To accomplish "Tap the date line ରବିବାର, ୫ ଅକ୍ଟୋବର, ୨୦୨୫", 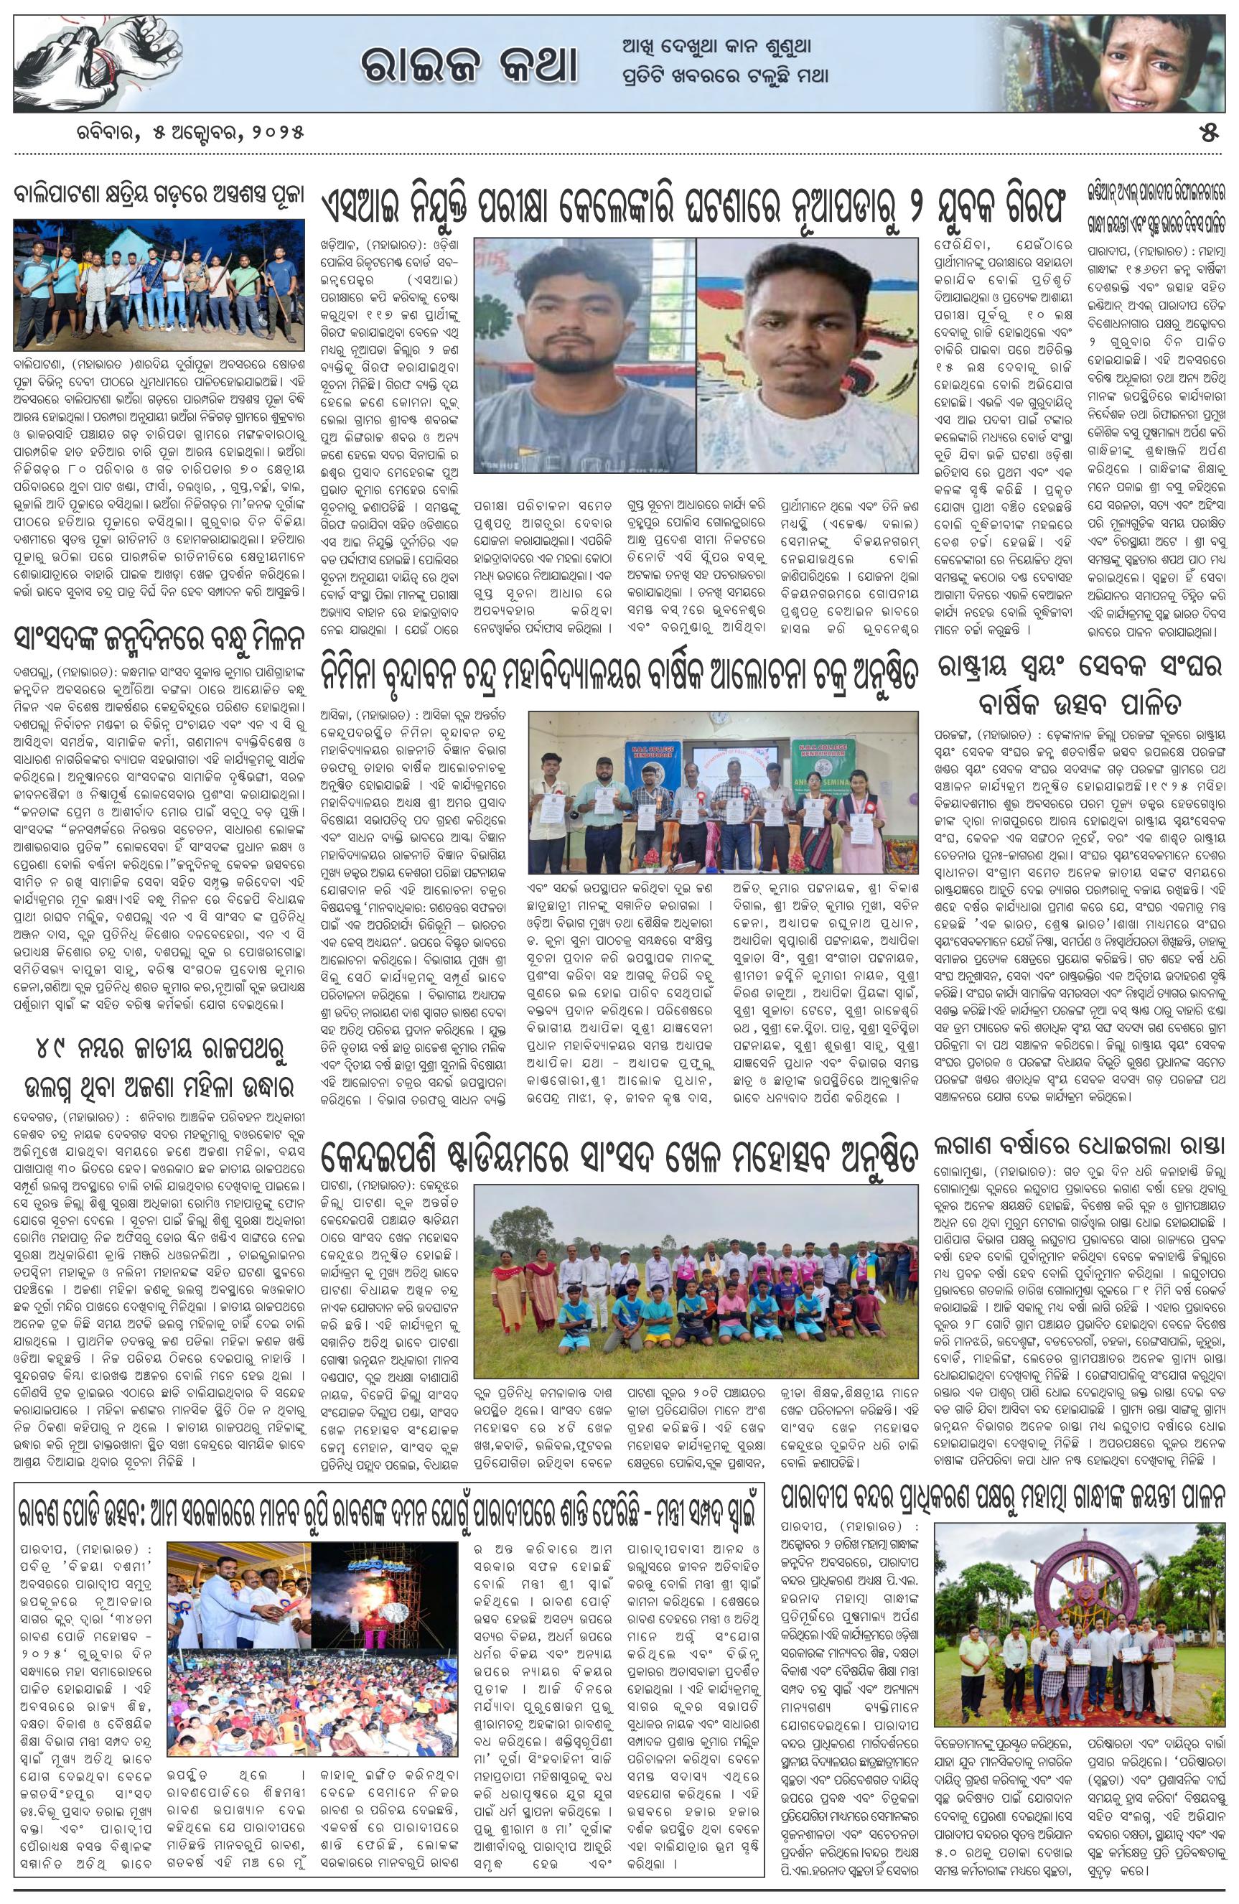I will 187,131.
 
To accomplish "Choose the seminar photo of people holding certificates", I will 724,788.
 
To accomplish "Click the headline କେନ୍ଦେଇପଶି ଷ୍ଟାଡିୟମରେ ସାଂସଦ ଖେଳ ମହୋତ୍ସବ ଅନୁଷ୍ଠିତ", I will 620,1156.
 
